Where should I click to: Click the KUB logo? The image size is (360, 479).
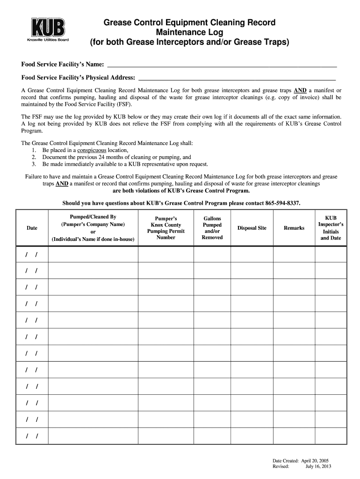tap(48, 29)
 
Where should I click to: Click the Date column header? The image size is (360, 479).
tap(32, 228)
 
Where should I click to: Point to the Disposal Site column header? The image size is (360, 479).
tap(252, 228)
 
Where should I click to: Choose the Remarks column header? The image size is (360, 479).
tap(294, 228)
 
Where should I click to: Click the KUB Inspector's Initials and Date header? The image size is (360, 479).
tap(331, 228)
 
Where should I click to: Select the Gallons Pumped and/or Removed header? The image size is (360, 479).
tap(212, 228)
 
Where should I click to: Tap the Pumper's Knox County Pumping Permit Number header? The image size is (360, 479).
tap(166, 228)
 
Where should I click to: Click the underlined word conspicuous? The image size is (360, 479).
tap(92, 151)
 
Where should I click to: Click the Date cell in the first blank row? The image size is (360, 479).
tap(32, 254)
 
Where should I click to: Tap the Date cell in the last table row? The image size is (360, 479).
tap(32, 436)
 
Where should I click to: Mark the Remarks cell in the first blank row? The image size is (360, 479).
tap(294, 254)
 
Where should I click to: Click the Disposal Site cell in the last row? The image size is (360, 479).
tap(252, 436)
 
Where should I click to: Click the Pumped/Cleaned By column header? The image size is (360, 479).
tap(93, 228)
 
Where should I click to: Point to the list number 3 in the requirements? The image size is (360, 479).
tap(34, 164)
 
